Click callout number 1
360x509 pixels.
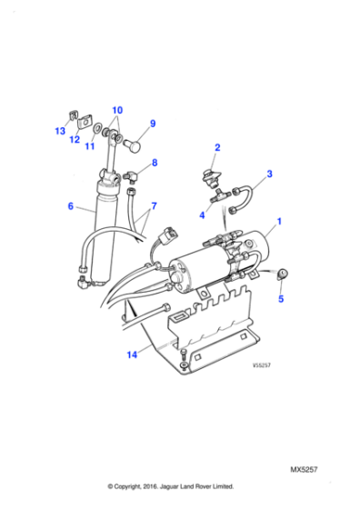pyautogui.click(x=280, y=221)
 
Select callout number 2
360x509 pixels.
pyautogui.click(x=217, y=147)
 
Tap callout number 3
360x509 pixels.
pyautogui.click(x=268, y=173)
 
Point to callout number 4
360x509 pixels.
pyautogui.click(x=203, y=215)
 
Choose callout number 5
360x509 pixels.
pyautogui.click(x=281, y=297)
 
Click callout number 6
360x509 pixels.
pyautogui.click(x=70, y=206)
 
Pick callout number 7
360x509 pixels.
pyautogui.click(x=154, y=206)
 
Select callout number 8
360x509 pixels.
pyautogui.click(x=154, y=164)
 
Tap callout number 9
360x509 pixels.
pyautogui.click(x=153, y=124)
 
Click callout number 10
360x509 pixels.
pyautogui.click(x=116, y=111)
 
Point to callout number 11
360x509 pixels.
pyautogui.click(x=89, y=145)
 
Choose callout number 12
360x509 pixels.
pyautogui.click(x=75, y=139)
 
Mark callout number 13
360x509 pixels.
pyautogui.click(x=59, y=132)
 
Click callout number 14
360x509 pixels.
pyautogui.click(x=134, y=355)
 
